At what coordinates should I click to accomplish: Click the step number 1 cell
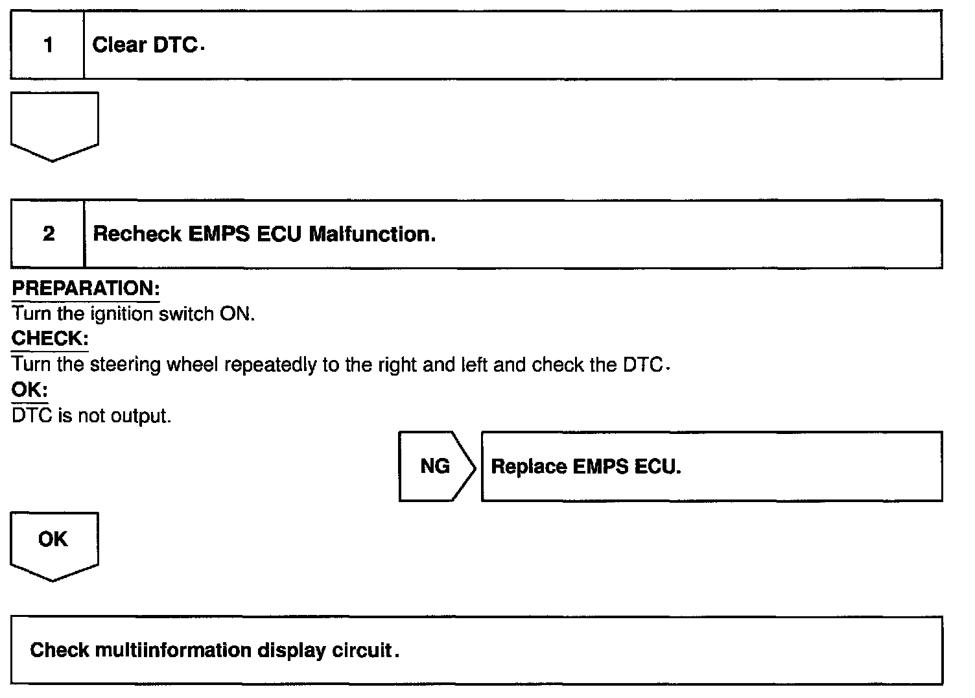pos(47,45)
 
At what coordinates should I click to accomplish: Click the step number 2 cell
pos(48,234)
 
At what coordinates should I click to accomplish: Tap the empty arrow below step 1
pos(54,125)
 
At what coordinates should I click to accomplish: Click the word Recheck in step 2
pos(137,234)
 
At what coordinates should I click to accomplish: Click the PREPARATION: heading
pos(86,288)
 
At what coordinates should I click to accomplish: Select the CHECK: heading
pos(50,339)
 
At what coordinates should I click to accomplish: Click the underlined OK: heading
pos(30,390)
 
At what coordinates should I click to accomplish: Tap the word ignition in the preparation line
pos(122,314)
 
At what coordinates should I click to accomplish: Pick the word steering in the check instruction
pos(125,365)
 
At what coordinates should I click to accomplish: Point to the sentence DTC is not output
pos(91,416)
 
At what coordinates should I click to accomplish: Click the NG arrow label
pos(435,466)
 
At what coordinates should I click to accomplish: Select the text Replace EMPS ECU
pos(585,466)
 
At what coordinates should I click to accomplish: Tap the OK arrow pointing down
pos(54,544)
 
